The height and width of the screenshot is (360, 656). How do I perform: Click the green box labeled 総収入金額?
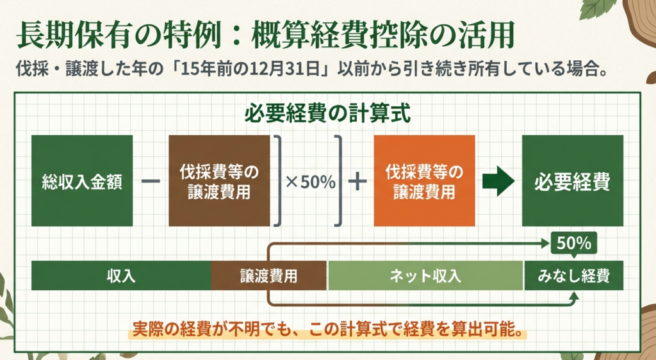click(x=82, y=181)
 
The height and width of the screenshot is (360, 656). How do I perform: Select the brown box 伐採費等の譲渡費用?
click(x=219, y=181)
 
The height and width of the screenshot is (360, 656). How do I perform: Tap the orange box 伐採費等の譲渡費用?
click(x=424, y=181)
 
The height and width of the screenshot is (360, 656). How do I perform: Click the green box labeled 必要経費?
click(x=572, y=181)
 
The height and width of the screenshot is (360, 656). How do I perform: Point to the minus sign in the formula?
click(x=151, y=181)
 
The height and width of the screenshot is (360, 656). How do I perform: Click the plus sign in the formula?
click(x=357, y=181)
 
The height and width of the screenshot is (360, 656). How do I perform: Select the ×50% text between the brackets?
click(x=311, y=182)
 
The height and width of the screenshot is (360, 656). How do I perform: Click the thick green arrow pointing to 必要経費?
click(x=498, y=181)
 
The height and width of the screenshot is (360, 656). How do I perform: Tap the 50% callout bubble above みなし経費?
click(x=574, y=244)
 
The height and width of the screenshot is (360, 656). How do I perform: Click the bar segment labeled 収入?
click(x=121, y=275)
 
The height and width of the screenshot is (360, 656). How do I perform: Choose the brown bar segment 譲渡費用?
click(x=268, y=275)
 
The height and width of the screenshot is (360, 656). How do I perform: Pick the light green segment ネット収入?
click(x=425, y=275)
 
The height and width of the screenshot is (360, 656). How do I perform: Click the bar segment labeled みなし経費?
click(x=574, y=275)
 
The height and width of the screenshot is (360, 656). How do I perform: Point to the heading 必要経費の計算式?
click(x=327, y=114)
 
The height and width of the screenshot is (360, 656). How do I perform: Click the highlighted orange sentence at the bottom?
click(x=327, y=329)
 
